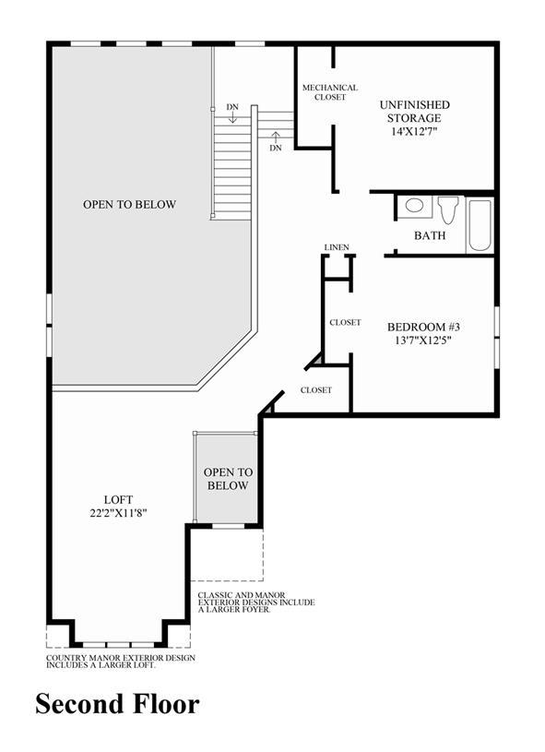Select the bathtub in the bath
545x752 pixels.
(480, 225)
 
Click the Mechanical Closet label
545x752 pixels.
(330, 92)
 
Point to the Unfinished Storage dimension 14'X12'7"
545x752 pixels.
(415, 131)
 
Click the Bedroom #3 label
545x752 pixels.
(423, 327)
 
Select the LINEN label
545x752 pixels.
(337, 247)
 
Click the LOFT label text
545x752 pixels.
(118, 500)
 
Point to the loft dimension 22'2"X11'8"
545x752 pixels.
(118, 513)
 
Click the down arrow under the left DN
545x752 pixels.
(232, 117)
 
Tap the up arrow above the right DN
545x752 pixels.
(275, 137)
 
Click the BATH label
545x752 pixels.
(430, 235)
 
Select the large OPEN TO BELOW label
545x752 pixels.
(129, 204)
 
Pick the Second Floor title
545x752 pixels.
(117, 704)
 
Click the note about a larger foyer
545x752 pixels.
(256, 603)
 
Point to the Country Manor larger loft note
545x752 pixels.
(121, 662)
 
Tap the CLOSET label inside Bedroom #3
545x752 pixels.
(345, 323)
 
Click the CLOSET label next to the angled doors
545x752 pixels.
(316, 390)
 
